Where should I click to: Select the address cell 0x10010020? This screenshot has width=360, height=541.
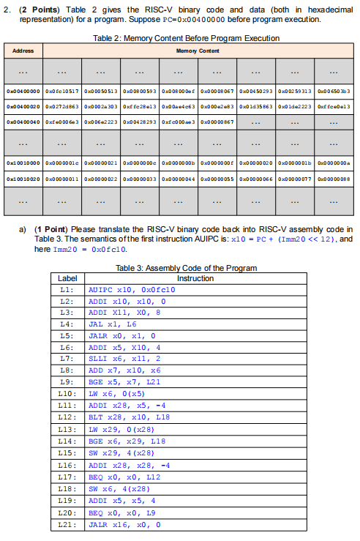(x=23, y=178)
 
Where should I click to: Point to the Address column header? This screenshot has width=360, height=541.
(x=23, y=51)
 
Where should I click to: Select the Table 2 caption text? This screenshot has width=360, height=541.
(x=187, y=37)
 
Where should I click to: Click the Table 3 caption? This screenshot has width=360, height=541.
(x=187, y=268)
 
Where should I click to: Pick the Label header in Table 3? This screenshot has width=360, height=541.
(x=67, y=278)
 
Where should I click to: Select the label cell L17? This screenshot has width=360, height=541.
(x=67, y=477)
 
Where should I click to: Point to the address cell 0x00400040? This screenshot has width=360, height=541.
(x=23, y=119)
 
